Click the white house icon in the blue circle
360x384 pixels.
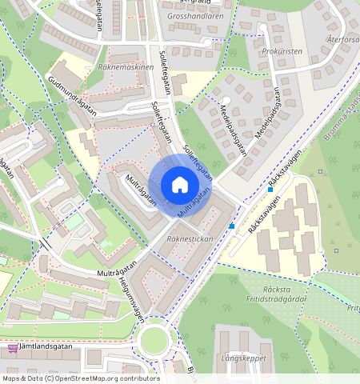[180, 185]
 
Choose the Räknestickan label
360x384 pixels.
[188, 239]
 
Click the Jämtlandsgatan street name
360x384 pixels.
[49, 349]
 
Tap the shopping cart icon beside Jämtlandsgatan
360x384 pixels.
[13, 349]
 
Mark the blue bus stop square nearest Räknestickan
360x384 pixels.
[232, 226]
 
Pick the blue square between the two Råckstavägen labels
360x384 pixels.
[270, 190]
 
